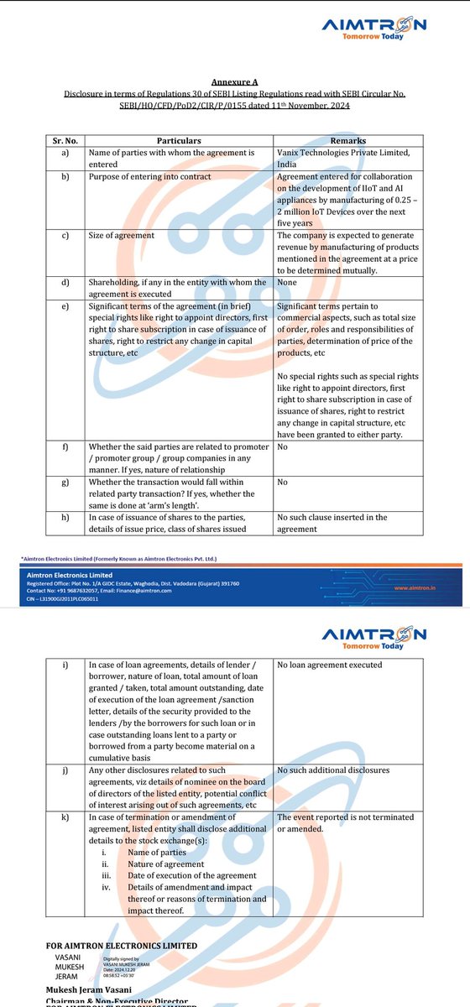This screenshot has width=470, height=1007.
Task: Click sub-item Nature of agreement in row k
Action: point(165,864)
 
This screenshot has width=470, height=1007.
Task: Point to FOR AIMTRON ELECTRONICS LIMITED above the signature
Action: point(123,946)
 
